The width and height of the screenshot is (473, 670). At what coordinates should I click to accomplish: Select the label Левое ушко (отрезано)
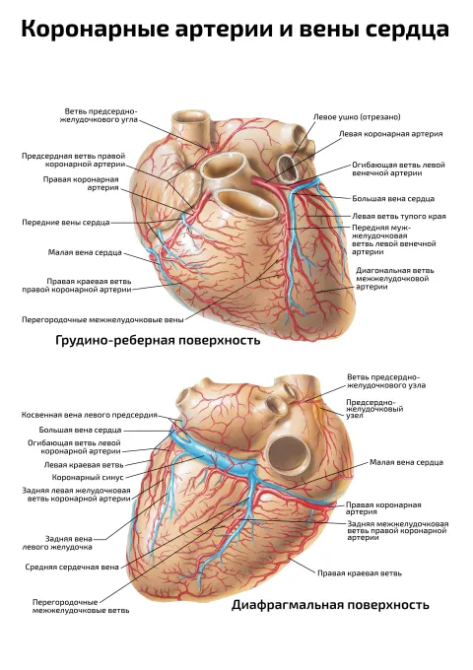pyautogui.click(x=357, y=116)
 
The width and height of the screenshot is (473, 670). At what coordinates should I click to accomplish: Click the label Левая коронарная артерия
pyautogui.click(x=390, y=134)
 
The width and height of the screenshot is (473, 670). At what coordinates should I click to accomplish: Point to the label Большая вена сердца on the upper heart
pyautogui.click(x=393, y=199)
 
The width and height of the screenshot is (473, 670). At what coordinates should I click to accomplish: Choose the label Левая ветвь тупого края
pyautogui.click(x=399, y=216)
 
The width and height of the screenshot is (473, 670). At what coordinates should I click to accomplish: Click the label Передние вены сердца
pyautogui.click(x=66, y=223)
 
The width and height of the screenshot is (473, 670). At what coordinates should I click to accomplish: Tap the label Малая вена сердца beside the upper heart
pyautogui.click(x=85, y=252)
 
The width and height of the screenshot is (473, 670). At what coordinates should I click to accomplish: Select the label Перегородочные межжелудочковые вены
pyautogui.click(x=102, y=319)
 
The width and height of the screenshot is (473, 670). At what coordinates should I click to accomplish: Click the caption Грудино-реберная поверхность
pyautogui.click(x=158, y=340)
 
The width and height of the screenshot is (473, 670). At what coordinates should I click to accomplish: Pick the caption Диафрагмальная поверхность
pyautogui.click(x=330, y=605)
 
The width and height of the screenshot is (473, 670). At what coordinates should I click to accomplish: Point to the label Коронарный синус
pyautogui.click(x=88, y=477)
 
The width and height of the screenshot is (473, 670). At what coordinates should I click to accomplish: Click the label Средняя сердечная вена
pyautogui.click(x=72, y=567)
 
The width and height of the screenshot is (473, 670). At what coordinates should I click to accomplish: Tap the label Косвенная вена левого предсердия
pyautogui.click(x=90, y=415)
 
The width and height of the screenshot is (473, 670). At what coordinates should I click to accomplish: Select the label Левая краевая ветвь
pyautogui.click(x=84, y=464)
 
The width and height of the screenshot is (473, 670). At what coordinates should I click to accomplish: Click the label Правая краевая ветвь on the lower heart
pyautogui.click(x=360, y=573)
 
